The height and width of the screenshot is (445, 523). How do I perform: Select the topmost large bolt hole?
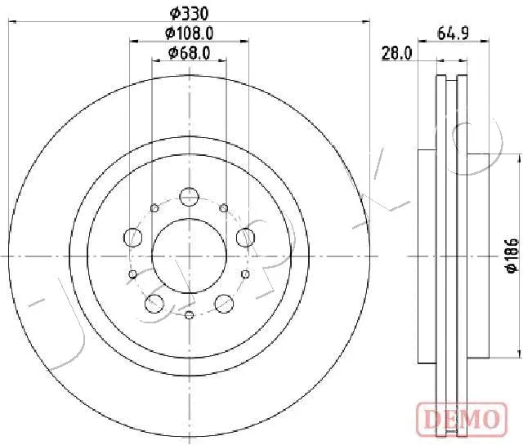point(189,197)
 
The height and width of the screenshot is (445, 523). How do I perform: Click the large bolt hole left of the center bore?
point(133,238)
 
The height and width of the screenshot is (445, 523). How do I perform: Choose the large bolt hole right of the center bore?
point(244,238)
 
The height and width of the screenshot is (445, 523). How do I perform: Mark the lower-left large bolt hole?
point(153,304)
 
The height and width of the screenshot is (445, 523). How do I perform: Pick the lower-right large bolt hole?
point(224,304)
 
